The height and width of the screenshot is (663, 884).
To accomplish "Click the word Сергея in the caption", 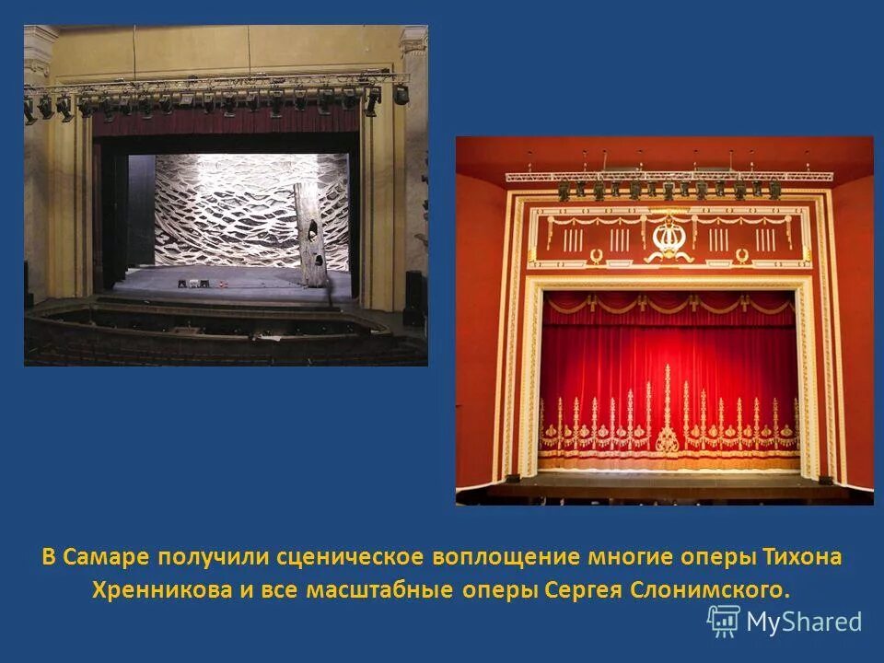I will (582, 589).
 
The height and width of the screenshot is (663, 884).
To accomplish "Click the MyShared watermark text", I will (804, 622).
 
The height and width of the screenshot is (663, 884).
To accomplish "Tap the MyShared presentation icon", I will (724, 622).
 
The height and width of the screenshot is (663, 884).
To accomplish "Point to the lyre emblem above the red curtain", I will (664, 238).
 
